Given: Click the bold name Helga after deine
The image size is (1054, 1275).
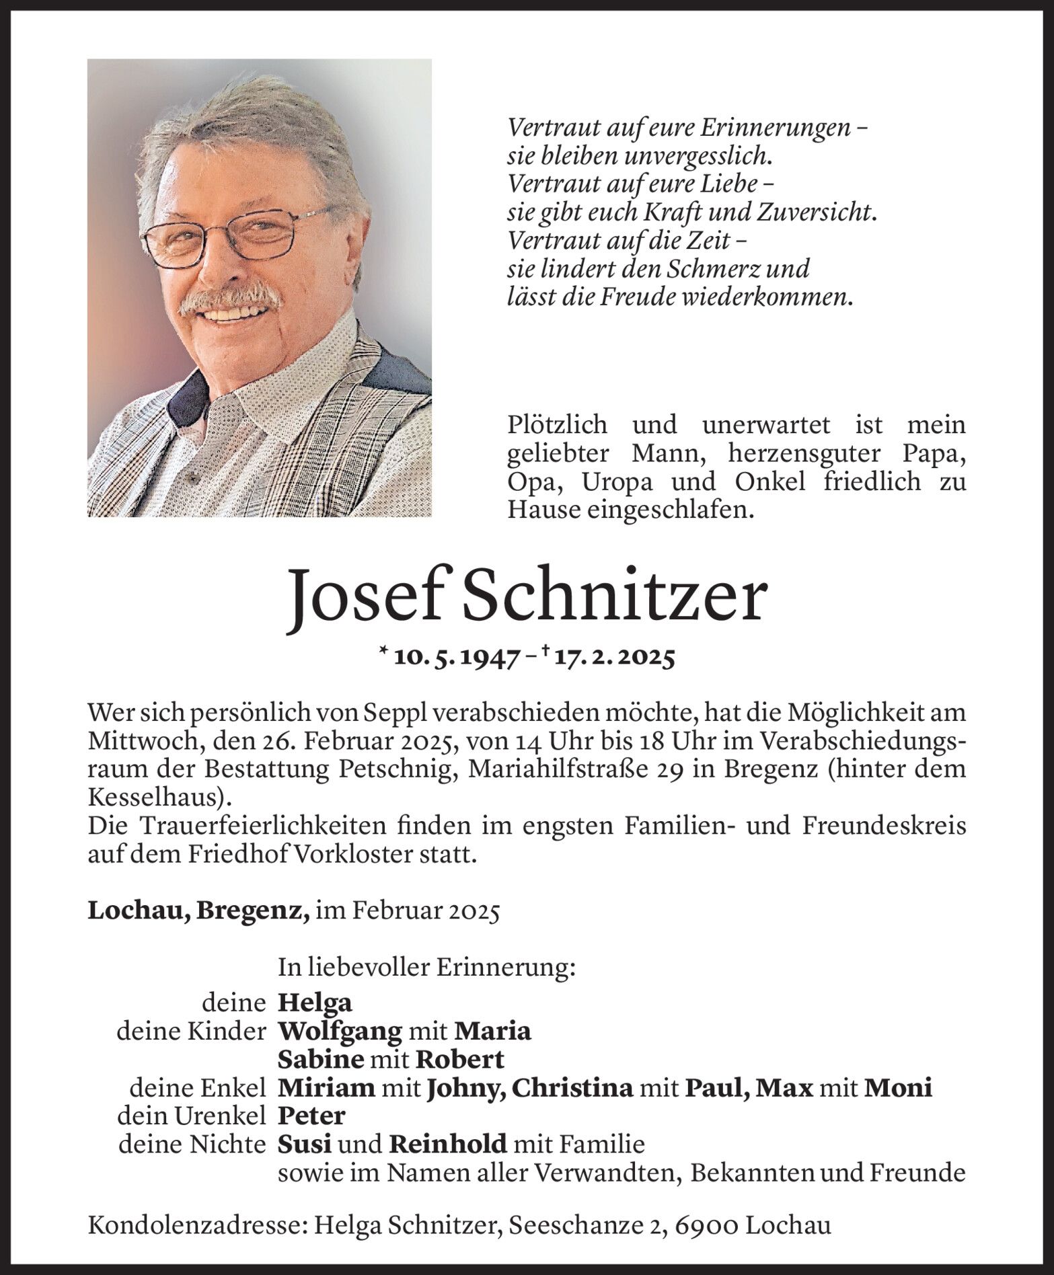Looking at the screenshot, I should point(315,1003).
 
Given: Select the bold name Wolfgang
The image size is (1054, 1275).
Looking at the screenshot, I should point(340,1032).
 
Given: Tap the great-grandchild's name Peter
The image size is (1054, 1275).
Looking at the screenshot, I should point(311,1116).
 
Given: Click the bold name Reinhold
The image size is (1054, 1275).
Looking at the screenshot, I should point(448,1144).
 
